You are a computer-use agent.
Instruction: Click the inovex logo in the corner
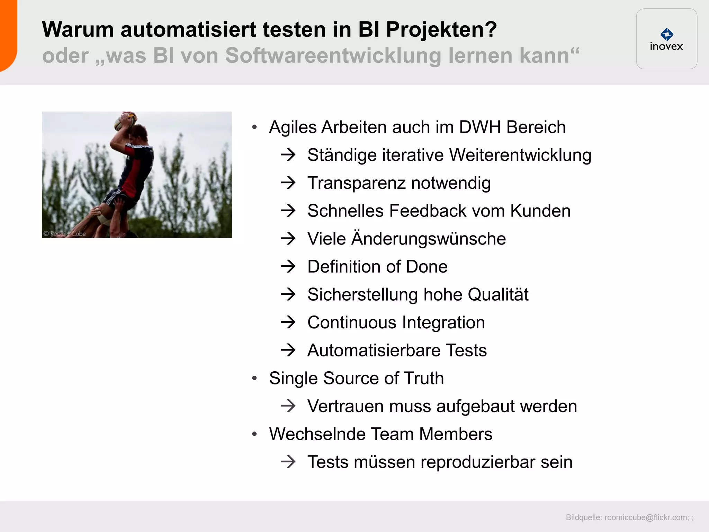tap(666, 39)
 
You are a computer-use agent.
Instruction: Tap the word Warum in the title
tap(78, 29)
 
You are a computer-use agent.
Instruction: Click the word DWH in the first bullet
tap(480, 127)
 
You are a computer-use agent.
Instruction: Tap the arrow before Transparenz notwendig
tap(288, 183)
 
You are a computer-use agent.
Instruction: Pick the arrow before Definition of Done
tap(288, 266)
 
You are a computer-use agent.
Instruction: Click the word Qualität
tap(498, 294)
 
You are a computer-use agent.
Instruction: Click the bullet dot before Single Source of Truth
tap(255, 378)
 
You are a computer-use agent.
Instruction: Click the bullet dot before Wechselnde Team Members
tap(255, 434)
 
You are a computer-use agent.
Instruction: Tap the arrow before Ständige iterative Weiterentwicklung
tap(288, 155)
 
